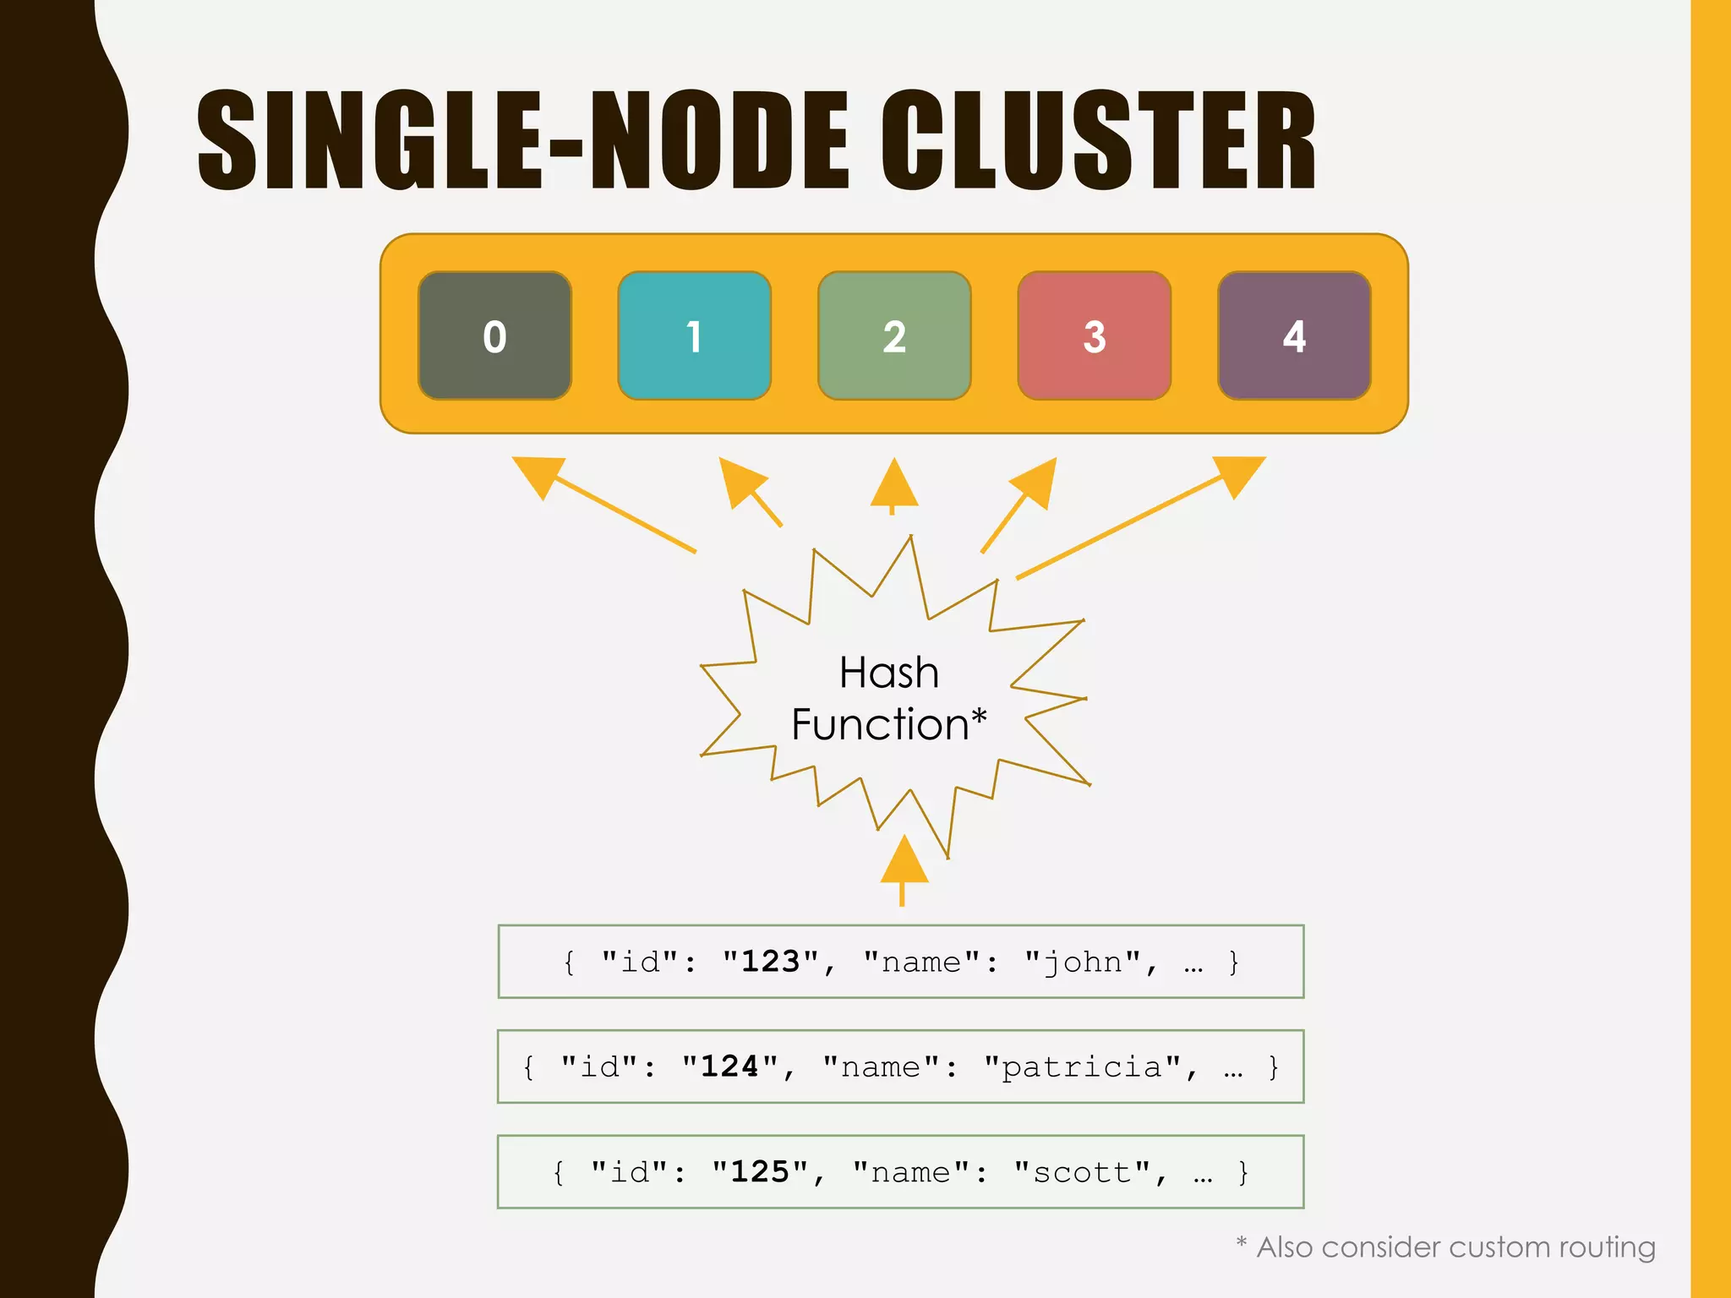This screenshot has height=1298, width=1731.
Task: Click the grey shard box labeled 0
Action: click(494, 335)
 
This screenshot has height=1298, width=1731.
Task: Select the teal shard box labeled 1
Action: click(694, 335)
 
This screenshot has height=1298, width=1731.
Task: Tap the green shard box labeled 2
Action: click(894, 335)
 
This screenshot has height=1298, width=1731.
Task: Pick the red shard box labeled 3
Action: click(1094, 335)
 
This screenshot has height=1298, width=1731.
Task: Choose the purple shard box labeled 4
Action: click(1294, 335)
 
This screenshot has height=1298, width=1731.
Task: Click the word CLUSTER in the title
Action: click(1098, 140)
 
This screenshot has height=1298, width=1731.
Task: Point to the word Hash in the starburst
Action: click(888, 674)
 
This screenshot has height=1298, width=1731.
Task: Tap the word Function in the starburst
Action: click(879, 725)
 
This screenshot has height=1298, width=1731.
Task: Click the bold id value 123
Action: click(770, 962)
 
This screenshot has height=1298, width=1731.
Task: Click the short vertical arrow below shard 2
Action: click(893, 486)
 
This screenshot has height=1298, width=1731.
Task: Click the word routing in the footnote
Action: click(1607, 1247)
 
